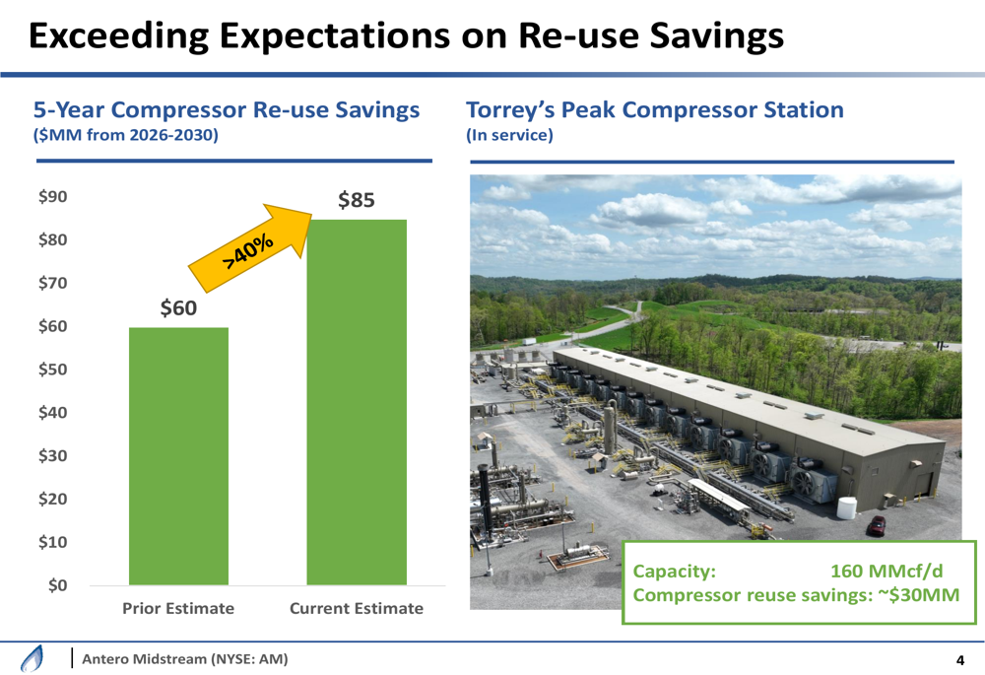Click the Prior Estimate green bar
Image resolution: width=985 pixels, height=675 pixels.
pyautogui.click(x=178, y=456)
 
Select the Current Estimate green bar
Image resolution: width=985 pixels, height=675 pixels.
pyautogui.click(x=357, y=402)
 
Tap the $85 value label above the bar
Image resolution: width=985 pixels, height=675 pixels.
pyautogui.click(x=357, y=200)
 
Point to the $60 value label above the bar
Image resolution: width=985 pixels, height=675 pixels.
pyautogui.click(x=178, y=308)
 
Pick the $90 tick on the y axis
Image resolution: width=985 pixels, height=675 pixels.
pyautogui.click(x=53, y=197)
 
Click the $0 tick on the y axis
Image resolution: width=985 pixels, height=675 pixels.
pyautogui.click(x=57, y=585)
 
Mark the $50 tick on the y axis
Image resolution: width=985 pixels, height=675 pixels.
pyautogui.click(x=53, y=370)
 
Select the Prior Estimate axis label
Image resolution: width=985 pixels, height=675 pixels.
pyautogui.click(x=178, y=608)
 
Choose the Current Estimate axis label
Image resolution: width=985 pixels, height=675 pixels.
pyautogui.click(x=357, y=608)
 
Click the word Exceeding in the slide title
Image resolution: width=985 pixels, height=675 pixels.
pyautogui.click(x=119, y=35)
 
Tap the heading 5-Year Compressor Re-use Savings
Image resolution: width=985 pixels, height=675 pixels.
pyautogui.click(x=227, y=110)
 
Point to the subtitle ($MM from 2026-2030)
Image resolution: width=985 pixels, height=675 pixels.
pyautogui.click(x=126, y=135)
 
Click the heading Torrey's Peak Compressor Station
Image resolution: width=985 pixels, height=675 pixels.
pyautogui.click(x=655, y=110)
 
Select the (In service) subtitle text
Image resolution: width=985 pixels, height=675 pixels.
pyautogui.click(x=509, y=135)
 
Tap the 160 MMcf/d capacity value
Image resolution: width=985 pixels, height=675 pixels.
pyautogui.click(x=886, y=571)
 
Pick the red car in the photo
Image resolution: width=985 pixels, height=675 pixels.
pyautogui.click(x=877, y=525)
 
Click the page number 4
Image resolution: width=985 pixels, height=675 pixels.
pyautogui.click(x=959, y=660)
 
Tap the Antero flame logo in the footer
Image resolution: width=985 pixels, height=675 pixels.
pyautogui.click(x=33, y=658)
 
